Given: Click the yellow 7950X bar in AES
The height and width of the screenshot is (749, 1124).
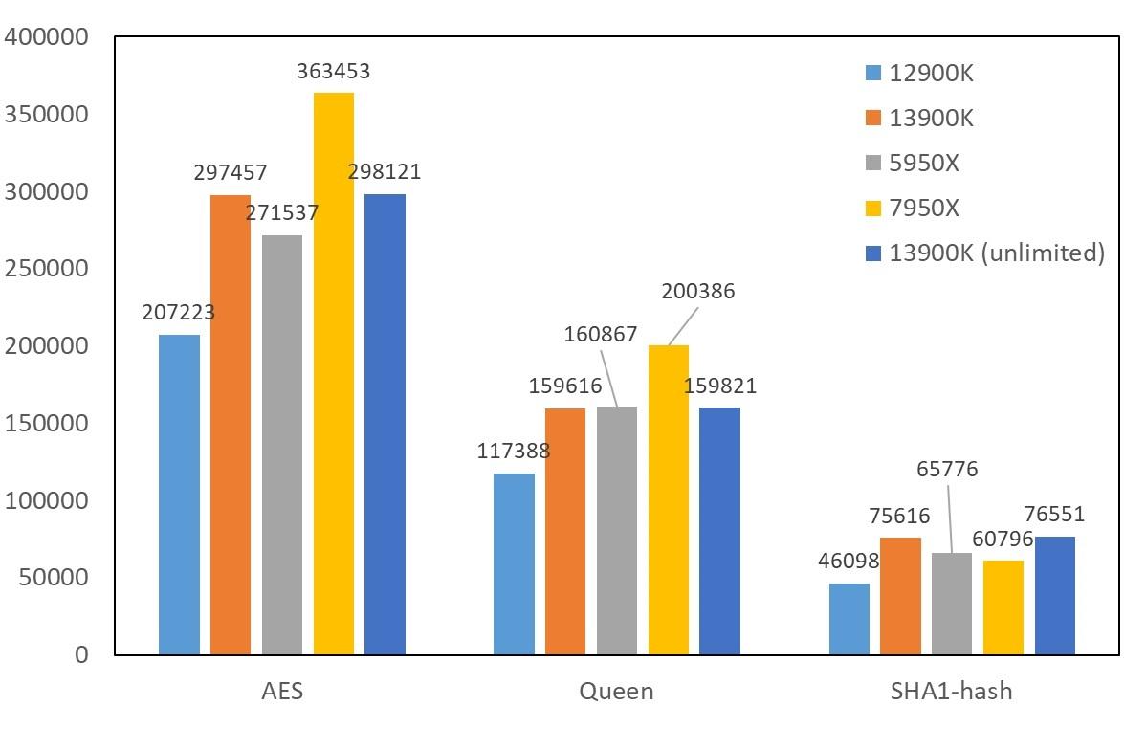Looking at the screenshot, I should coord(334,373).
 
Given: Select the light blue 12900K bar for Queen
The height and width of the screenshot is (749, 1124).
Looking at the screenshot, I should coord(514,564).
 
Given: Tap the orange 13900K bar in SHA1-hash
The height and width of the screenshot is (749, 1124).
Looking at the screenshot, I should coord(900,596).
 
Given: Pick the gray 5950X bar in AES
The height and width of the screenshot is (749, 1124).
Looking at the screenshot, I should coord(282,445).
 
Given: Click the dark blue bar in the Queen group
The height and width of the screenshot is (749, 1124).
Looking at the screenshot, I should coord(720,531).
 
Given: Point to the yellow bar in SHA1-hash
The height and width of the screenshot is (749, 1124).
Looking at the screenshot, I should coord(1003,607).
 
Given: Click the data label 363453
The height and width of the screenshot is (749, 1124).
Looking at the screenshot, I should coord(334,72).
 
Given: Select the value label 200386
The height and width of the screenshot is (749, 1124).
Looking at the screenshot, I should coord(698,292).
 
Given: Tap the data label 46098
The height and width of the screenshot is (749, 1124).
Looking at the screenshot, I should coord(842,561).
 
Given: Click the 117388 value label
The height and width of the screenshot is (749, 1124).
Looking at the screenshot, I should coord(514,451).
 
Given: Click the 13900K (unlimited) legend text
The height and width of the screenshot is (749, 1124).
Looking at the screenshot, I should coord(997,253).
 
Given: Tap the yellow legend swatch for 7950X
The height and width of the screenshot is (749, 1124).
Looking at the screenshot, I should coord(872,208).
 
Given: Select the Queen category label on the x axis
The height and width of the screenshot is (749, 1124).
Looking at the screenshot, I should coord(617,691).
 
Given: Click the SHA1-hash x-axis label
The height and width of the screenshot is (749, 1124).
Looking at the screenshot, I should coord(953,691).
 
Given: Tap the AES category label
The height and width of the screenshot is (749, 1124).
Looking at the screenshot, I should coord(282,691).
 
